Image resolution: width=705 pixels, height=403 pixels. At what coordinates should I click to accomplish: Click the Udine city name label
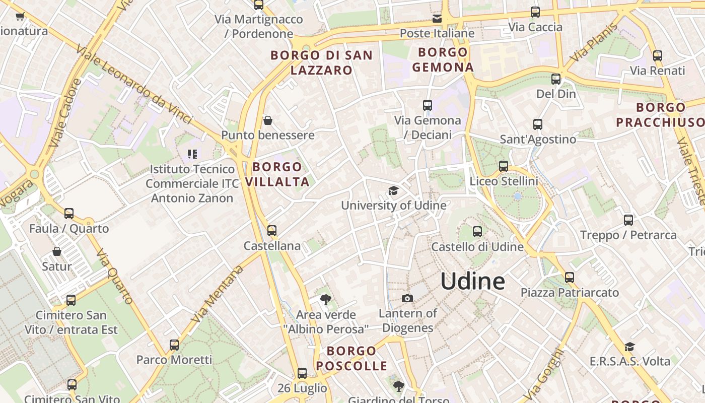tap(472, 281)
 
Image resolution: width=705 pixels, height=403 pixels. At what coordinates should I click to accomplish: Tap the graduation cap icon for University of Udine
tap(393, 190)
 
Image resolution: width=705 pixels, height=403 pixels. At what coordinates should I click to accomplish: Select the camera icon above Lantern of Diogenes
tap(407, 298)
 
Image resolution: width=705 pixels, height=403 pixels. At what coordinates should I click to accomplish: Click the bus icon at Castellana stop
tap(272, 231)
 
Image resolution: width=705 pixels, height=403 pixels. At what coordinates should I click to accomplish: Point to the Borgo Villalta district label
tap(277, 174)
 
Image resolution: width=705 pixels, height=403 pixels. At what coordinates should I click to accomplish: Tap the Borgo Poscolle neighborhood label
tap(351, 358)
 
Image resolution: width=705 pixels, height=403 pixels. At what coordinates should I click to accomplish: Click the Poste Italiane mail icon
tap(437, 19)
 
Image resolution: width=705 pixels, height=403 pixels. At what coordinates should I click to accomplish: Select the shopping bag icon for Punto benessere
tap(268, 120)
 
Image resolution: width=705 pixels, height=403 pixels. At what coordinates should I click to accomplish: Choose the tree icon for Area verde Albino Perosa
tap(326, 300)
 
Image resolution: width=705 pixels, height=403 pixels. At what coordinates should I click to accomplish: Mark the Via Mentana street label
tap(218, 293)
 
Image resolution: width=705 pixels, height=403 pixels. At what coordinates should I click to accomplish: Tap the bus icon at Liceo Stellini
tap(503, 166)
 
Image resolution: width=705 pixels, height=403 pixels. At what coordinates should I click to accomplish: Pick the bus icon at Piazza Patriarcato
tap(569, 278)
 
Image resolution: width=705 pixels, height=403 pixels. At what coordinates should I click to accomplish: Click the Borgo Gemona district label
tap(443, 59)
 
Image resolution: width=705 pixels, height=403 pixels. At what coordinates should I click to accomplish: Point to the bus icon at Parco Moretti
tap(174, 345)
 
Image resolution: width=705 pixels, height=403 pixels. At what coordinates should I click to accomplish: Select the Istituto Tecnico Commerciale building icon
tap(192, 154)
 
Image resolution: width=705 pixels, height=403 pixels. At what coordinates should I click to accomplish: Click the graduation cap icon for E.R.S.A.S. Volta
tap(629, 347)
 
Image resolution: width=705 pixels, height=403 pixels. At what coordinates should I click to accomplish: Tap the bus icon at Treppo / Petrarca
tap(628, 220)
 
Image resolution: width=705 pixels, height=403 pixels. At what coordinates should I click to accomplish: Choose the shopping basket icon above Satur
tap(57, 251)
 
